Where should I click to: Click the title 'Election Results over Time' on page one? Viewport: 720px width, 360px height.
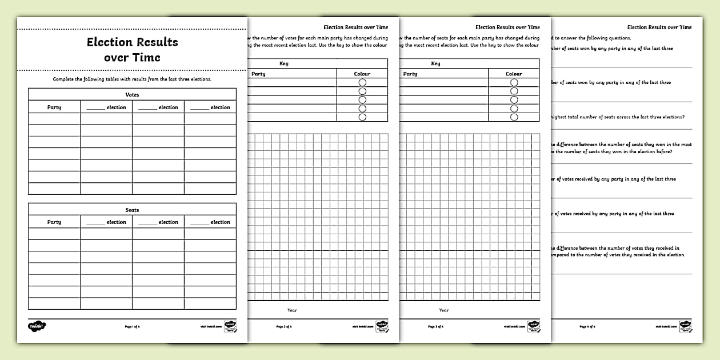tap(132, 50)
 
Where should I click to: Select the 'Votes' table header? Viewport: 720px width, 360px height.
tap(132, 94)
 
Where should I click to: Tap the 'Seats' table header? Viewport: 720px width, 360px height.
tap(132, 210)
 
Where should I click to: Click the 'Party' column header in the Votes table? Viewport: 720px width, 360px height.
tap(54, 107)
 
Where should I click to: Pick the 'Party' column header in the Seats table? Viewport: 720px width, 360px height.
tap(54, 222)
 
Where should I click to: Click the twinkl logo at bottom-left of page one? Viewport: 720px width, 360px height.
tap(37, 326)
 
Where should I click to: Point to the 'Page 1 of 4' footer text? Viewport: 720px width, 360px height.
tap(132, 326)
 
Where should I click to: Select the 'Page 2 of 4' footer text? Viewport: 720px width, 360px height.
tap(284, 326)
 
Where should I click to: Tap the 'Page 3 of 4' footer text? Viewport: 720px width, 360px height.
tap(436, 326)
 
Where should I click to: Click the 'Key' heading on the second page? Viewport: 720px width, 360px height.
tap(284, 63)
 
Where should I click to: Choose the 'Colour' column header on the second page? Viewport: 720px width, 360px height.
tap(362, 74)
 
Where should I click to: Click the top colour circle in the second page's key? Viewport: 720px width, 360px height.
tap(362, 82)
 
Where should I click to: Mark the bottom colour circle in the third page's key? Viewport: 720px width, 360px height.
tap(514, 117)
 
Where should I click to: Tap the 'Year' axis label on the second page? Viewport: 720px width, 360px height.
tap(292, 310)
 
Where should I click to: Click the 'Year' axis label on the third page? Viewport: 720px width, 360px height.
tap(444, 310)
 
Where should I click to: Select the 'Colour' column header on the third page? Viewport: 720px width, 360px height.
tap(514, 74)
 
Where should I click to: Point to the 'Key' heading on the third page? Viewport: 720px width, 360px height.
tap(436, 63)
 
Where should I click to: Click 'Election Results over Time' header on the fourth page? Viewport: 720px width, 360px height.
tap(659, 27)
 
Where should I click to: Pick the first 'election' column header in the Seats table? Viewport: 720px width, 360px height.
tap(106, 222)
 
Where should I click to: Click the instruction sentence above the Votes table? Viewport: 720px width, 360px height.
tap(132, 79)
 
